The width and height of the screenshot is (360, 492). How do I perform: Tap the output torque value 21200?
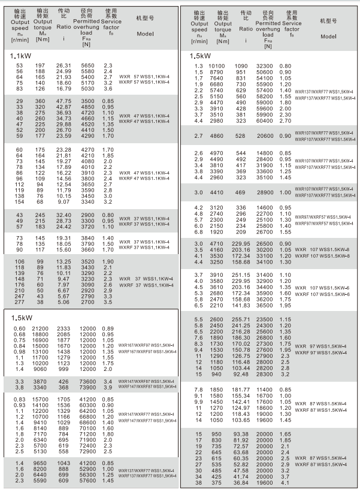pos(40,329)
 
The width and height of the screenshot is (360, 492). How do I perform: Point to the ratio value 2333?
pos(63,329)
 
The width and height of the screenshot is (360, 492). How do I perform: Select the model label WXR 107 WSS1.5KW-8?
pos(323,249)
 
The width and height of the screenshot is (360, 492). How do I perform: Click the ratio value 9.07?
pos(63,202)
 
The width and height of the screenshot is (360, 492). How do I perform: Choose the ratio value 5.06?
pos(63,303)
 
